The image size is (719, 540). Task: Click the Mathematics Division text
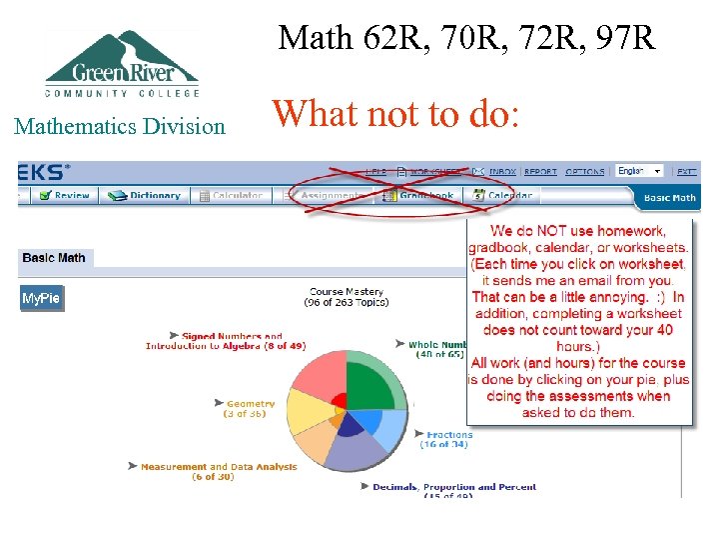[120, 126]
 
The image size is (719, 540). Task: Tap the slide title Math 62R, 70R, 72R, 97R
[466, 38]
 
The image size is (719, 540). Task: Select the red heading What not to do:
[395, 114]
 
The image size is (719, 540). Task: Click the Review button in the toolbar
[65, 196]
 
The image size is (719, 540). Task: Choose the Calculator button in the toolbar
[231, 196]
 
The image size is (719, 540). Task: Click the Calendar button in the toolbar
[503, 196]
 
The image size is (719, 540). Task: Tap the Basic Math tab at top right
[670, 198]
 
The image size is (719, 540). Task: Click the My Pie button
[42, 299]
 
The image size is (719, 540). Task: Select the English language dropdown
[639, 171]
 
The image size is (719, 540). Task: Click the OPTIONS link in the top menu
[585, 172]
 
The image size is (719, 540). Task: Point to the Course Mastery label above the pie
[347, 297]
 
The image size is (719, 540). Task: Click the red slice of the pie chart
[320, 375]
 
